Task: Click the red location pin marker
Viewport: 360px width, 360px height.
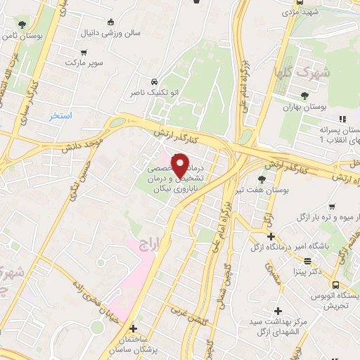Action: pyautogui.click(x=180, y=165)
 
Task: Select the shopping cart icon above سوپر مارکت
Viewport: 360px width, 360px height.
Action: pyautogui.click(x=84, y=53)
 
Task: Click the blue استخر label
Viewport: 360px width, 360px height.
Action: pyautogui.click(x=61, y=115)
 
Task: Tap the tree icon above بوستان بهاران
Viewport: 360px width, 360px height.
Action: pyautogui.click(x=304, y=96)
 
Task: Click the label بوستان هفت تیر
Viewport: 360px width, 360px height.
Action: pyautogui.click(x=250, y=191)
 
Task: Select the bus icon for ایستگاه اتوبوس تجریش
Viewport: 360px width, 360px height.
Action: pyautogui.click(x=335, y=285)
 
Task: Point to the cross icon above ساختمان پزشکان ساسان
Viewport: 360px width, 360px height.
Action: pyautogui.click(x=133, y=328)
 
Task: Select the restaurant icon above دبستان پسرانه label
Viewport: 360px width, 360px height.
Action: pyautogui.click(x=342, y=120)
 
